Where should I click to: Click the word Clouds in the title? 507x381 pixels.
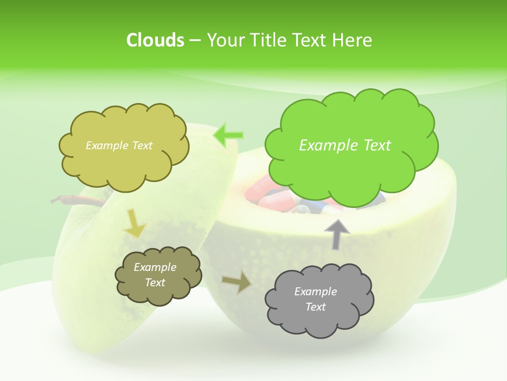tap(155, 40)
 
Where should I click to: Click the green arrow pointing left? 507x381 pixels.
tap(228, 135)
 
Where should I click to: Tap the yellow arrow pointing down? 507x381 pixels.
tap(134, 223)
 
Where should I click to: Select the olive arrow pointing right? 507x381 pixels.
tap(237, 282)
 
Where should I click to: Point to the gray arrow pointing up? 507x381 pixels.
tap(337, 233)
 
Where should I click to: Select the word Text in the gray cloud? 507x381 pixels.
tap(315, 307)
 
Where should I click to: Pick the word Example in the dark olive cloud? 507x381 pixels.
tap(155, 267)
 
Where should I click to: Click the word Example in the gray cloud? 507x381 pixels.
tap(315, 292)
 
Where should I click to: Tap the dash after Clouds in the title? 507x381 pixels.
tap(195, 41)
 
